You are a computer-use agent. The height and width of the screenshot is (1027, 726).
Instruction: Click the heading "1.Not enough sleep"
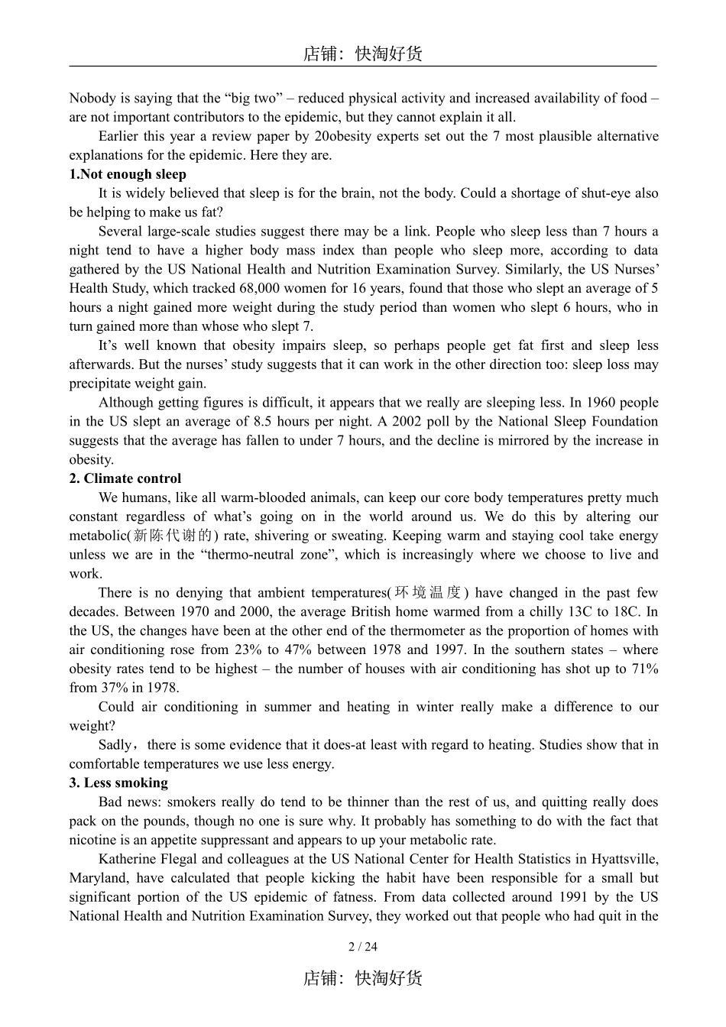[x=127, y=174]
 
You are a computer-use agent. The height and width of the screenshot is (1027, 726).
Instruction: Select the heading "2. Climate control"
[x=125, y=478]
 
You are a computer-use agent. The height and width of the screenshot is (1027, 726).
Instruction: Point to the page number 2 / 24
[x=362, y=947]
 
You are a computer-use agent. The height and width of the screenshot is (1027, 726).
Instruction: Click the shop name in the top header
[x=362, y=53]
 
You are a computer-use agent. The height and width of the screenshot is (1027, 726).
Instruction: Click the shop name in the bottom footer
[x=362, y=978]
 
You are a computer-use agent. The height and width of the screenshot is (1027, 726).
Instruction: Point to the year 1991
[x=573, y=897]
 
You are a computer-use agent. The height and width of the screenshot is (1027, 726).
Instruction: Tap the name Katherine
[x=127, y=859]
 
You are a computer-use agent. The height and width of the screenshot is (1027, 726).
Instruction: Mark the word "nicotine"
[x=92, y=840]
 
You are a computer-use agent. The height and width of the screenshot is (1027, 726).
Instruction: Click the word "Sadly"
[x=115, y=745]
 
